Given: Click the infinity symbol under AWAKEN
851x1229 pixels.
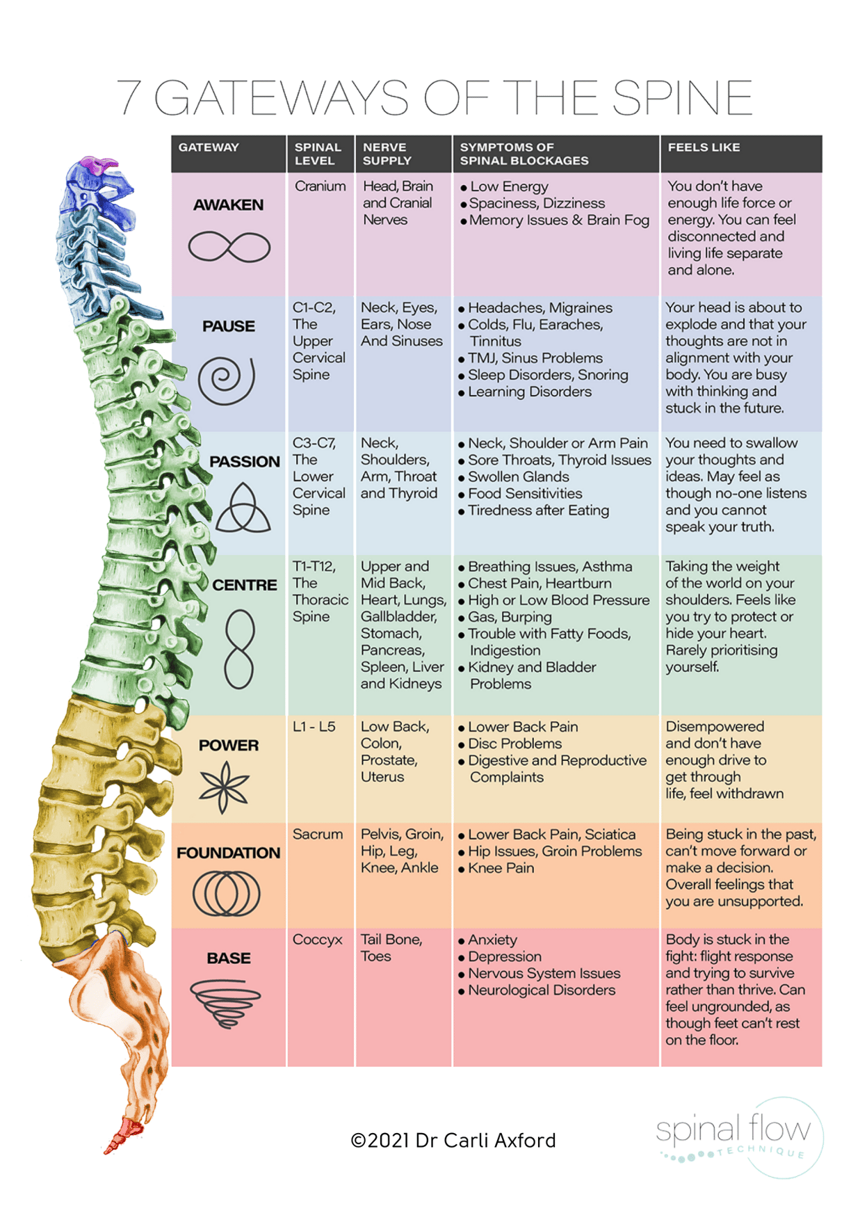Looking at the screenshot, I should point(229,247).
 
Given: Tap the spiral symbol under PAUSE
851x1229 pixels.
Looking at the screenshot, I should point(227,379).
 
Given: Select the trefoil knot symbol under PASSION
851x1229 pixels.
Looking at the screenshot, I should point(243,508).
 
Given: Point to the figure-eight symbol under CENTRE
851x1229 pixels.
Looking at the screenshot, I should point(238,648).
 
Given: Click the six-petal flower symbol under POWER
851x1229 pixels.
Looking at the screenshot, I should point(224,787).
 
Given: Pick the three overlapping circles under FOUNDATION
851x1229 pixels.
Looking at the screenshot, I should point(227,893).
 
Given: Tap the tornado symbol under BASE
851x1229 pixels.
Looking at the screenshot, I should point(225,1002).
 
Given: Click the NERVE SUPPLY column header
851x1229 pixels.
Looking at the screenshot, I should point(387,154).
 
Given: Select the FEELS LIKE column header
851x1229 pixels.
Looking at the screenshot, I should point(704,147).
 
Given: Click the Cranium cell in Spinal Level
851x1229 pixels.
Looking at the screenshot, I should point(320,186).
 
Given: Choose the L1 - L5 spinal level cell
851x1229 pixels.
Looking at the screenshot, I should point(314,727).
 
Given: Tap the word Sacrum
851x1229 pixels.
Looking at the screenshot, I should point(318,834).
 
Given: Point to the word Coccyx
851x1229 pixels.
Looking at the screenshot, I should point(318,940).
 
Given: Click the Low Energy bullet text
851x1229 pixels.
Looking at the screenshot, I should point(509,186).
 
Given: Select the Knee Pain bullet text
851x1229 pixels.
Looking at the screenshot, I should point(501,868).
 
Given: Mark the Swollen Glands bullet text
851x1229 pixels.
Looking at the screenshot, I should point(518,477).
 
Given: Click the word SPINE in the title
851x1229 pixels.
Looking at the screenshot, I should point(682,98).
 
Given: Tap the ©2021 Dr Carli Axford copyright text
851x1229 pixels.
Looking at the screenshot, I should point(453,1141).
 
